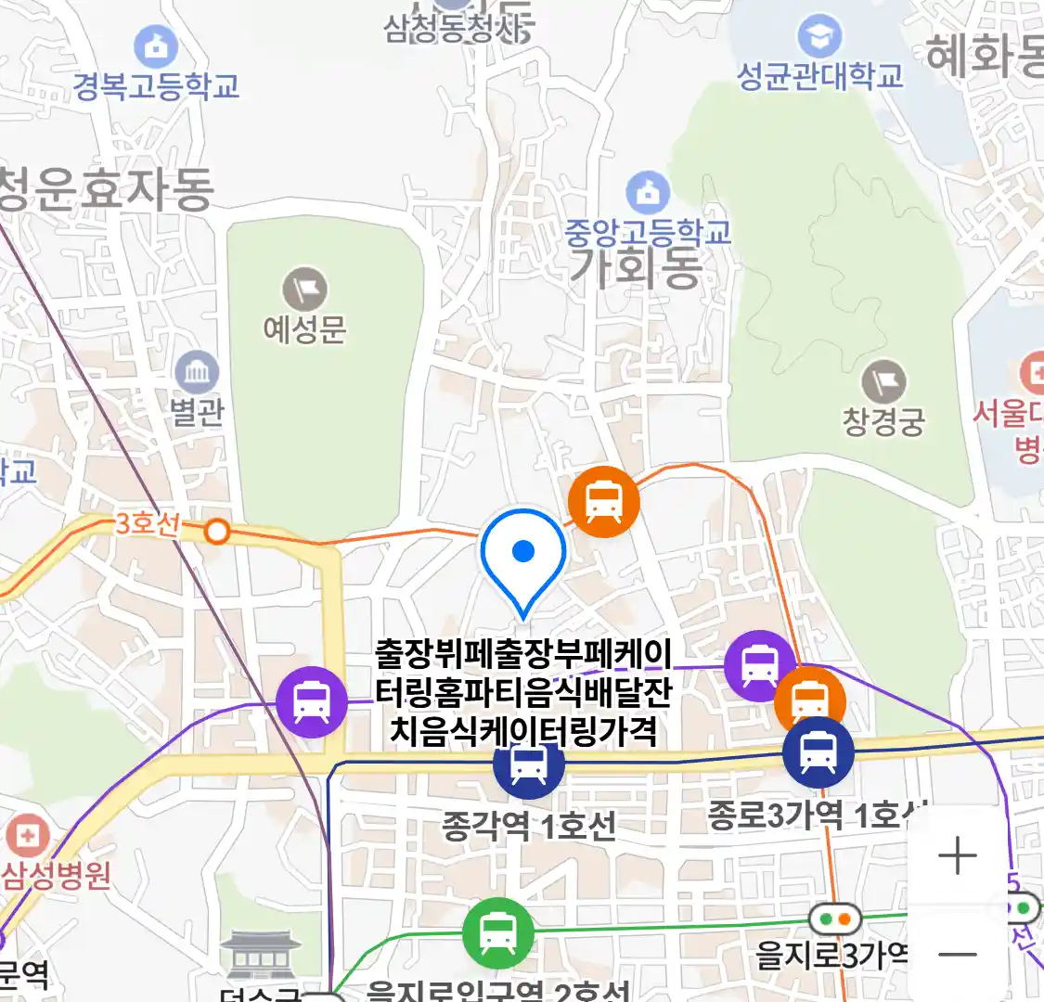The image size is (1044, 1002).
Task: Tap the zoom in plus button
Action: pos(957,855)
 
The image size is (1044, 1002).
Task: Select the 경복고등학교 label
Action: pos(157,86)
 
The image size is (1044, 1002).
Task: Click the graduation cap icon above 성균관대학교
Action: pos(818,37)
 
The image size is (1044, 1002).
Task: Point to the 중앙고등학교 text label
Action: pos(648,232)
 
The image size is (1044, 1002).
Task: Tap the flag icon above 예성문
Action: pos(305,290)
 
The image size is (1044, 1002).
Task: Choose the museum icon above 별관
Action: pos(197,374)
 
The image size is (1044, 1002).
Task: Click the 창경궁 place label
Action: pos(883,421)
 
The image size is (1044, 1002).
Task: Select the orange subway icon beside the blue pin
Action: pos(604,502)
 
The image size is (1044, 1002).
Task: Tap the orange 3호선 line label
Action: pos(147,524)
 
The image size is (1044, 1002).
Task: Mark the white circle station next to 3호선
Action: pos(217,532)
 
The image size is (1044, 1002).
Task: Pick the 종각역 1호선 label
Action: pos(528,825)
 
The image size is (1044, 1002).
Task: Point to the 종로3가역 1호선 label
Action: pos(817,816)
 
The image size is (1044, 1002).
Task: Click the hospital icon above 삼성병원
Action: pos(27,836)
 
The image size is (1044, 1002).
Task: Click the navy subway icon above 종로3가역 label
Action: pos(818,752)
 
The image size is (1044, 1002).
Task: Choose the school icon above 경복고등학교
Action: pos(156,46)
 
